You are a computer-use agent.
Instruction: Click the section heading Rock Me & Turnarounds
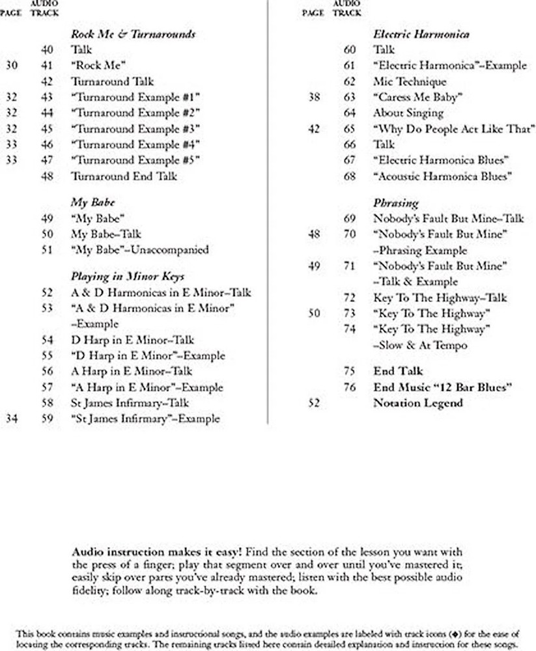[133, 34]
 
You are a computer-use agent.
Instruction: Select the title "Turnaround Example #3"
[135, 128]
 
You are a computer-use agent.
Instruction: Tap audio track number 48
[47, 176]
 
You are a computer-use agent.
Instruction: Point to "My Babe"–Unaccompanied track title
[139, 249]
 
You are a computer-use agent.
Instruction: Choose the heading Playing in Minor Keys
[127, 277]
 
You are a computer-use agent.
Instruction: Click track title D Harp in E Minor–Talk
[132, 340]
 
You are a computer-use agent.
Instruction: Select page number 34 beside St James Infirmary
[11, 419]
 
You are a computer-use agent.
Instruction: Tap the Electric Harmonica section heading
[421, 34]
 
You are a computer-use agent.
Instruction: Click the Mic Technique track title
[410, 81]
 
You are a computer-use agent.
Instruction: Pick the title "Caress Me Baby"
[417, 97]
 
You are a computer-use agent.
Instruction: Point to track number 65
[350, 128]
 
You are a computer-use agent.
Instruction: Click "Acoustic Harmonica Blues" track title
[442, 176]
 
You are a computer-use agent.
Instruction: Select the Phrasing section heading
[395, 202]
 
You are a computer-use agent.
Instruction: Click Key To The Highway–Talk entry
[440, 298]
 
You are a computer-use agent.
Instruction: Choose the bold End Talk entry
[398, 371]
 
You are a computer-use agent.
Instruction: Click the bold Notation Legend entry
[417, 403]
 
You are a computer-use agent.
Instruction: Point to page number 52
[314, 403]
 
